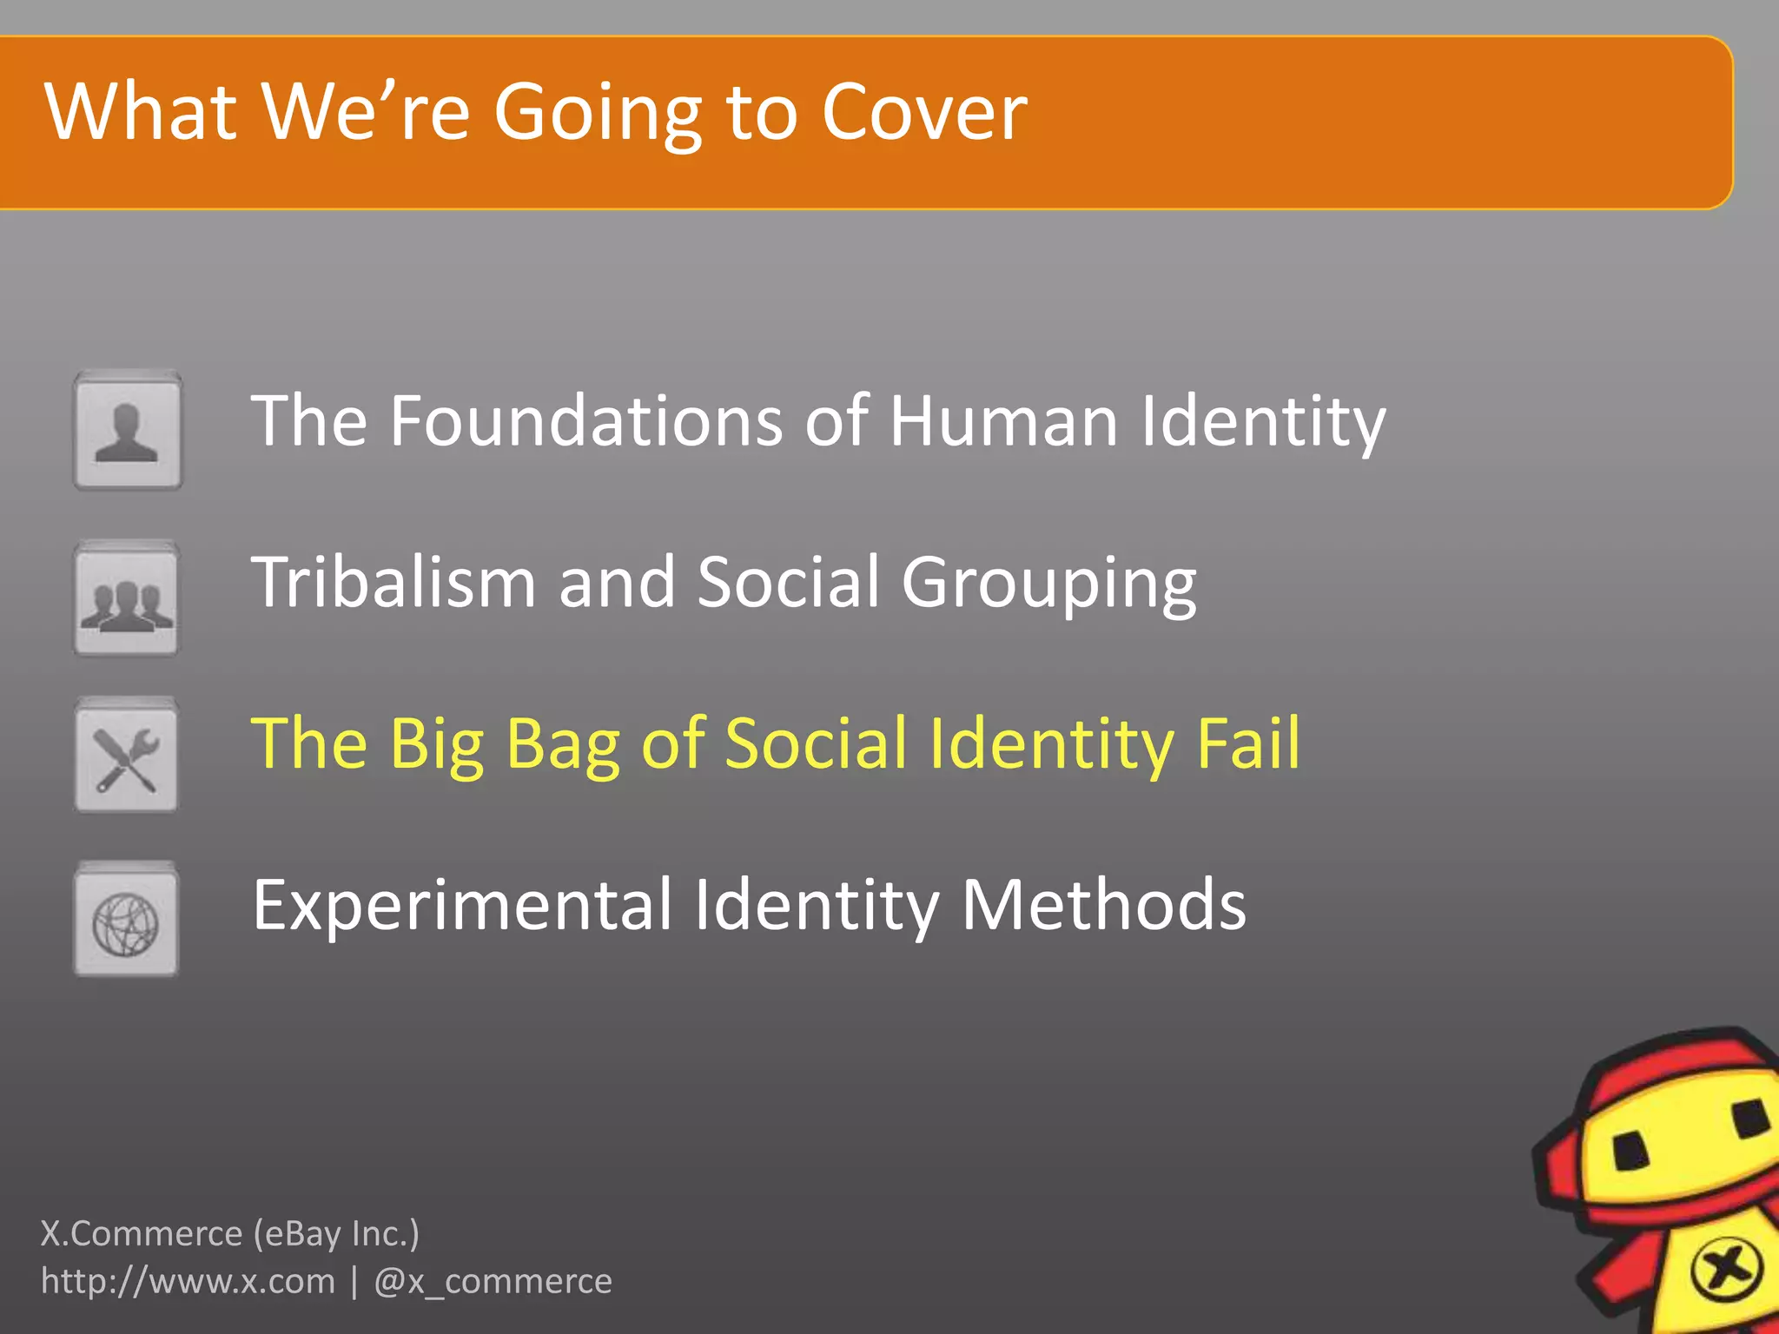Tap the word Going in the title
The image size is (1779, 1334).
(x=598, y=115)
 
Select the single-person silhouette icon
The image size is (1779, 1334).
(x=128, y=432)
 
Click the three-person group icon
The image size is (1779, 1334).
(x=127, y=599)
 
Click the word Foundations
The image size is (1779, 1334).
(x=585, y=421)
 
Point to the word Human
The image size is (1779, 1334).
(x=1003, y=421)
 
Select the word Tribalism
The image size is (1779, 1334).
(x=393, y=582)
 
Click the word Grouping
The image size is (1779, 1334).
(x=1048, y=584)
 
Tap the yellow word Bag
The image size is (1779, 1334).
(x=563, y=744)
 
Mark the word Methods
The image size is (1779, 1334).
(x=1103, y=905)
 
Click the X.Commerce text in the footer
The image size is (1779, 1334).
(x=142, y=1233)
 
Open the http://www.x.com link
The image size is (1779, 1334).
(x=188, y=1281)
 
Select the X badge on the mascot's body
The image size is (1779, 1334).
(x=1727, y=1271)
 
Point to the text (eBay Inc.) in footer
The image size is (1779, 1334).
(x=336, y=1233)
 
